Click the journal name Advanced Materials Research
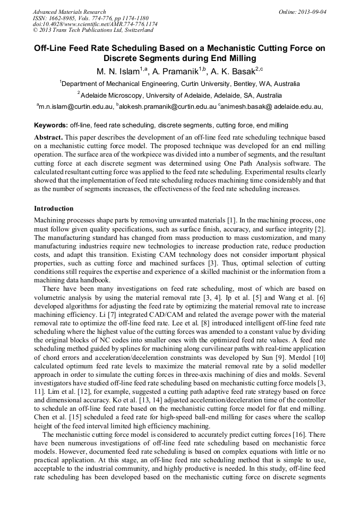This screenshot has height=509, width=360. point(69,12)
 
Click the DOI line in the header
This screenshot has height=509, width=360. point(95,24)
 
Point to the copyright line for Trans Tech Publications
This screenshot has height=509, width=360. point(93,31)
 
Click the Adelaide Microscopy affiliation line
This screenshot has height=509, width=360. point(181,96)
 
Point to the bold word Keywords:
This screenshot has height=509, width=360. point(50,125)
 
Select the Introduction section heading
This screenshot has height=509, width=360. point(54,209)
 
